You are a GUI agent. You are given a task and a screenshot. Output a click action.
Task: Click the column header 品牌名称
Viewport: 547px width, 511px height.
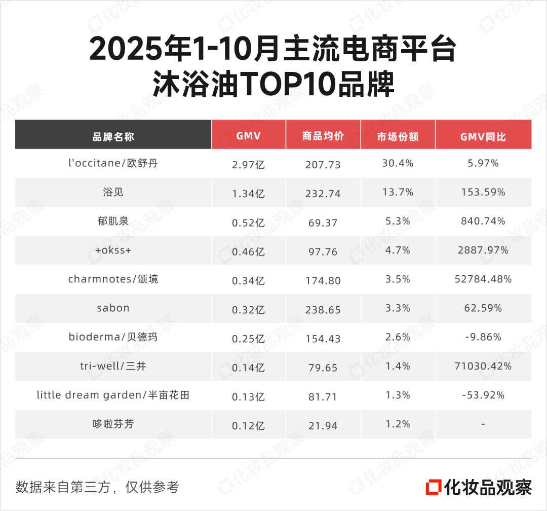[113, 136]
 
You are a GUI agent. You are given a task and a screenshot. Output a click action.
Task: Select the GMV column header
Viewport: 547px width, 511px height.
[248, 136]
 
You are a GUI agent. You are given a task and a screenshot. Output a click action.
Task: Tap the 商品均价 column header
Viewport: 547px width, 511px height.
[323, 136]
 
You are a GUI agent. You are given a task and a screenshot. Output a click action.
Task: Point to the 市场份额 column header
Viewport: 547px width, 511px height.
[398, 136]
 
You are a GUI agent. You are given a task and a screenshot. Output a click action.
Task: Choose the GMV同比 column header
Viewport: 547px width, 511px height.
[483, 136]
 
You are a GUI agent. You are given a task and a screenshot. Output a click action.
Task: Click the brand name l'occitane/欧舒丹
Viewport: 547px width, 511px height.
[113, 163]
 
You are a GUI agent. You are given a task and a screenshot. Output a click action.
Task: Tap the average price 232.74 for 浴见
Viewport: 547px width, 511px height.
[323, 194]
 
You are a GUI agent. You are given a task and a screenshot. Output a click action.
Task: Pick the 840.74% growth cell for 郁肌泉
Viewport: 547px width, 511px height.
[483, 221]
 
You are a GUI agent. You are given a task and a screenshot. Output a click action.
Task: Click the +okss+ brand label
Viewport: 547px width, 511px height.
[113, 250]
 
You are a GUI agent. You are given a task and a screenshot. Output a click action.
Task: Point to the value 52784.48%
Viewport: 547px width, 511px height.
[483, 279]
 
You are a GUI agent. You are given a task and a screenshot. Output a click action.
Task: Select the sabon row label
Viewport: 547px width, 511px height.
[113, 308]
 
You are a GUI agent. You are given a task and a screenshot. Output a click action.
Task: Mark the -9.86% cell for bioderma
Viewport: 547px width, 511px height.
[483, 337]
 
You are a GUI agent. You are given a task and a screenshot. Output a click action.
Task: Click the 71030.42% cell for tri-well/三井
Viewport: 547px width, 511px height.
[483, 366]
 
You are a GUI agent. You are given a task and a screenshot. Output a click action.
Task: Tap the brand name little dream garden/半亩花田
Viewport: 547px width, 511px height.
[113, 395]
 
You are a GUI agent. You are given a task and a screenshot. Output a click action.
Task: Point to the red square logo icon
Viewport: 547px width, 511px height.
[433, 487]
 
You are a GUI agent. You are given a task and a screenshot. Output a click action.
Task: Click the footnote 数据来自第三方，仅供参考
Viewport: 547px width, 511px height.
[97, 487]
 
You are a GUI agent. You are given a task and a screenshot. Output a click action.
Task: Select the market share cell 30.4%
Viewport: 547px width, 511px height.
[398, 163]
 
